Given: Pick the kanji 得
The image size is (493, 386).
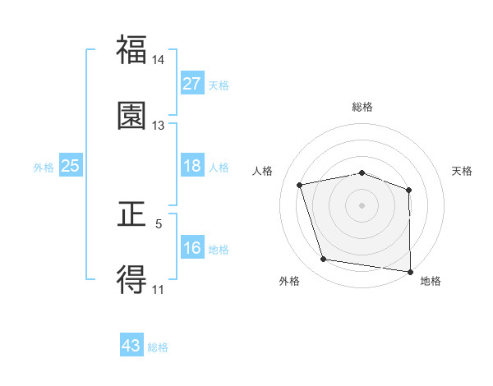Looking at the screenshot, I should pos(131,280).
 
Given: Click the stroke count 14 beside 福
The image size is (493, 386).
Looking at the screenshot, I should pos(159,61).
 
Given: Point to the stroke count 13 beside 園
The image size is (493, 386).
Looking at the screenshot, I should pos(159,125).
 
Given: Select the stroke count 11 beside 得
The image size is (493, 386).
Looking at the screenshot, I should pos(159,290).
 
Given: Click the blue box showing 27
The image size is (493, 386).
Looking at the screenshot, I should pos(192,83).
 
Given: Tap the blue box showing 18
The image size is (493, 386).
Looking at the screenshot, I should pos(192,166).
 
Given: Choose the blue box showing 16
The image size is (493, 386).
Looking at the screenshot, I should pos(192,248).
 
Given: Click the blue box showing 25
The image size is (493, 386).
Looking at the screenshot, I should pos(70,166).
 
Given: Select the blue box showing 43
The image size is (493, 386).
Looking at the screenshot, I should pos(131,346).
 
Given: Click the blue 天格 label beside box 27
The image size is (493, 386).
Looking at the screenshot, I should pos(219,85).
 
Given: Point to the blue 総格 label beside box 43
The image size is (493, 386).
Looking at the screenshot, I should pos(158,347).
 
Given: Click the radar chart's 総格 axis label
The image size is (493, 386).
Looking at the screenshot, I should pos(362,107).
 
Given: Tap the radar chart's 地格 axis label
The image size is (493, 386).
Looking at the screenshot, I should pos(431,282).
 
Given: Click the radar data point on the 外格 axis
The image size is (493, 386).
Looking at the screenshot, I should pos(324,260).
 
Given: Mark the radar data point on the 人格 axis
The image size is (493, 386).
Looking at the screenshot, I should pos(300,185).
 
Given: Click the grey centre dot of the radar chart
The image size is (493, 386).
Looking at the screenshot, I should pos(362,204).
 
